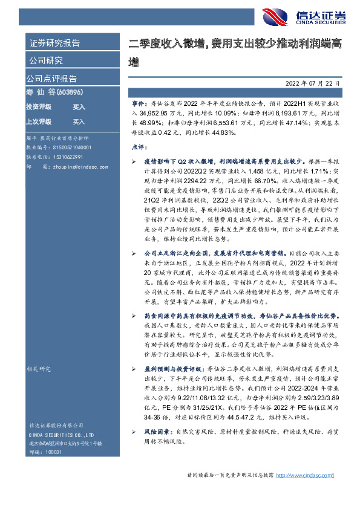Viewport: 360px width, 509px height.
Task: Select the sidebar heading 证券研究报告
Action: pyautogui.click(x=55, y=44)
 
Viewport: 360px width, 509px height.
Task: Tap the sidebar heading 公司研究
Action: pyautogui.click(x=45, y=60)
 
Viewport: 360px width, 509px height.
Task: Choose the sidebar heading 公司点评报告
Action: pyautogui.click(x=51, y=78)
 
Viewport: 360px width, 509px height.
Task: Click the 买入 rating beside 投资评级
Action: pyautogui.click(x=79, y=106)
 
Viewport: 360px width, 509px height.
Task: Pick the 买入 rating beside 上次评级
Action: pyautogui.click(x=79, y=121)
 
